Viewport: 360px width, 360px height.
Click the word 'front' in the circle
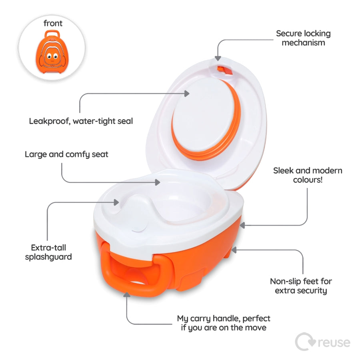pyautogui.click(x=53, y=23)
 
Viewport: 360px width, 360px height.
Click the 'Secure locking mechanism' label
pyautogui.click(x=303, y=38)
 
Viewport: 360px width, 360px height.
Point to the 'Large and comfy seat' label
pyautogui.click(x=66, y=154)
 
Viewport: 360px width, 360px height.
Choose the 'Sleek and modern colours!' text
pyautogui.click(x=308, y=175)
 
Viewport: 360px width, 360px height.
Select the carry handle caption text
pyautogui.click(x=224, y=323)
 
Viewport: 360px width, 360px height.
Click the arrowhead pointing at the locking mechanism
pyautogui.click(x=218, y=58)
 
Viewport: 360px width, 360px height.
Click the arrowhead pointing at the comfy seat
pyautogui.click(x=158, y=182)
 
